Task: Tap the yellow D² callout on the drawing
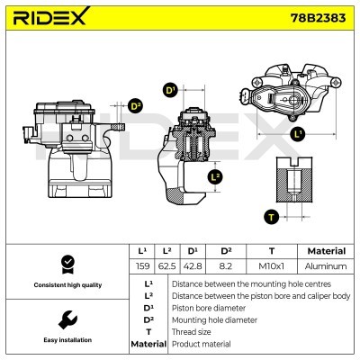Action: coord(136,106)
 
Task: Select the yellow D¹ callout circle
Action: coord(169,90)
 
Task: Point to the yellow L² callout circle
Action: coord(215,176)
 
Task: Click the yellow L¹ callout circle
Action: coord(299,134)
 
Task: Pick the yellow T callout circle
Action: coord(271,216)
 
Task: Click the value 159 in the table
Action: coord(141,266)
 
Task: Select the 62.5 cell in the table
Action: coord(166,266)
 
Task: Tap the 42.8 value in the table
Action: coord(192,266)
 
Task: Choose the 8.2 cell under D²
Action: coord(226,266)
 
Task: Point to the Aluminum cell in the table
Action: coord(325,266)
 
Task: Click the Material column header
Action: coord(325,251)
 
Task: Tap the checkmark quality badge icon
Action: coord(66,265)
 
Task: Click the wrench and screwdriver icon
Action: coord(66,320)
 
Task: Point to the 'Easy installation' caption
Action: coord(66,340)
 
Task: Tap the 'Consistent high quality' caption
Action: coord(66,285)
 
